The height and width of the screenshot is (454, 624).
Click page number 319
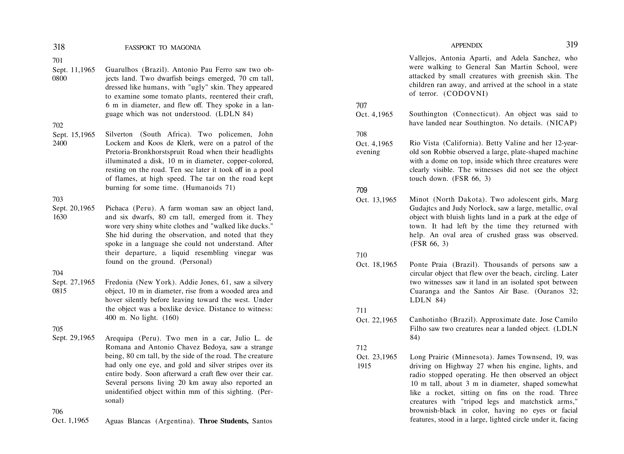(x=572, y=45)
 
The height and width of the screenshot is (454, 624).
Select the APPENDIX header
(x=467, y=45)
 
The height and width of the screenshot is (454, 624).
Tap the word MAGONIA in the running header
(x=186, y=48)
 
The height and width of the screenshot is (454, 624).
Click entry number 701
(x=57, y=60)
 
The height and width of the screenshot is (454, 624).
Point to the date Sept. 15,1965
(x=74, y=135)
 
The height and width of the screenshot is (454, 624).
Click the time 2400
(x=60, y=143)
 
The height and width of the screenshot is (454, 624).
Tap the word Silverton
(x=119, y=134)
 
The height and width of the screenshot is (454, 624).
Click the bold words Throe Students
(x=224, y=421)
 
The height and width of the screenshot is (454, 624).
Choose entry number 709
(x=362, y=190)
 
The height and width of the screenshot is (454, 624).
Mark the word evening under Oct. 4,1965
(x=368, y=152)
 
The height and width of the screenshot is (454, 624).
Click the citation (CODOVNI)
(x=465, y=93)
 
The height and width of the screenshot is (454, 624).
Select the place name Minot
(x=419, y=199)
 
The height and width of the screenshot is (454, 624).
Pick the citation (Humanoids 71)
(x=209, y=188)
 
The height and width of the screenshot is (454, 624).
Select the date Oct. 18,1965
(x=376, y=265)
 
